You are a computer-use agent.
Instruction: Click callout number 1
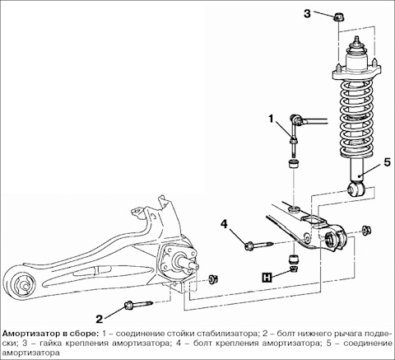[271, 119]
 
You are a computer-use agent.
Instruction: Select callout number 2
[99, 319]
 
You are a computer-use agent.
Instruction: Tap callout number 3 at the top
[307, 14]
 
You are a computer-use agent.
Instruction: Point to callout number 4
[224, 224]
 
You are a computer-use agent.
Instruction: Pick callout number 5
[387, 162]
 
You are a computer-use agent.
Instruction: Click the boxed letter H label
[267, 278]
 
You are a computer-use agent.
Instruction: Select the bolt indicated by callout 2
[139, 305]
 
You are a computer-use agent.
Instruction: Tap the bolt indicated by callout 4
[259, 245]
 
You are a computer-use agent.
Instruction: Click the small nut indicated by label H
[295, 269]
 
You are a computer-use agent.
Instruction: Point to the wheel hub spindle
[188, 262]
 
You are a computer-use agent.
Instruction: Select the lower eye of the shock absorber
[356, 189]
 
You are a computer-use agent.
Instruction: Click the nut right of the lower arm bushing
[366, 230]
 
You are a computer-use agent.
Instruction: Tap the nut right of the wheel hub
[213, 280]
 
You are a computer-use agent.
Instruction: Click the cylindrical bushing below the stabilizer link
[295, 164]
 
